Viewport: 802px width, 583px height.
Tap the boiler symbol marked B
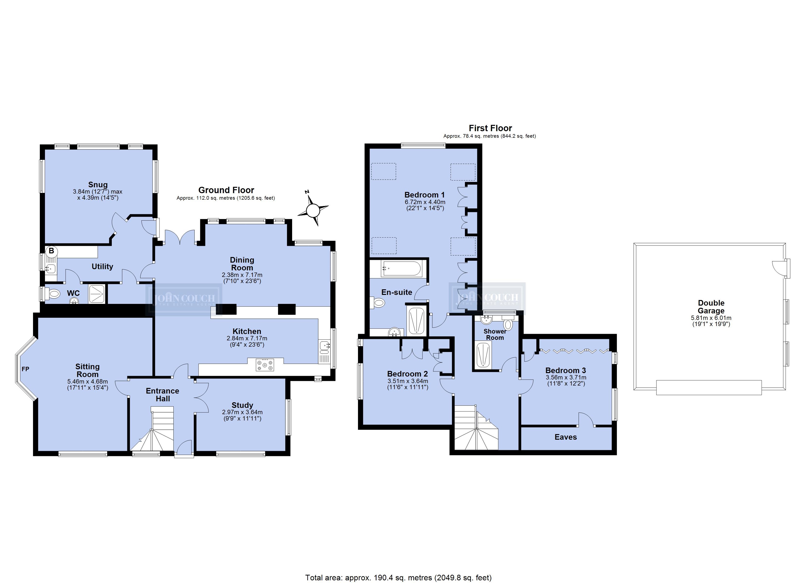(x=51, y=251)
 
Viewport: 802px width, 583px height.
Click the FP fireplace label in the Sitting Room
(x=26, y=369)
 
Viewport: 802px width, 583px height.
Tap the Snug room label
(x=98, y=185)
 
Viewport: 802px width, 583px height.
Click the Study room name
(x=242, y=405)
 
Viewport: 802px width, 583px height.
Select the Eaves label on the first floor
(x=566, y=437)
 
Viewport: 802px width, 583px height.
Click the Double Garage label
(x=711, y=307)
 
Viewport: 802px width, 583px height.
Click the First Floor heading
(x=490, y=128)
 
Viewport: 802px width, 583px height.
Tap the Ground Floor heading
(x=226, y=190)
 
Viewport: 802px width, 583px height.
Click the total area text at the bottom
(x=398, y=577)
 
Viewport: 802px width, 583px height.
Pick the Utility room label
(x=102, y=266)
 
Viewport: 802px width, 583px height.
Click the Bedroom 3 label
(x=566, y=370)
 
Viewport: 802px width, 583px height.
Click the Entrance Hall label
(x=163, y=394)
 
